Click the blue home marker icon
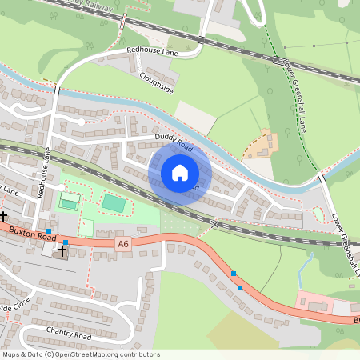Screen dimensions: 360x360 [180, 173]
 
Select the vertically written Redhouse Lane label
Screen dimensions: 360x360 [46, 177]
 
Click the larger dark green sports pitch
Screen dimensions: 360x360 [114, 204]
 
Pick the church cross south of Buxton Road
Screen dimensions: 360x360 [62, 250]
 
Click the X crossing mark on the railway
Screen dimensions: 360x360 [214, 225]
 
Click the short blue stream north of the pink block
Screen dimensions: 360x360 [303, 269]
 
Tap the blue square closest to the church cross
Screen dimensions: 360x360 [66, 242]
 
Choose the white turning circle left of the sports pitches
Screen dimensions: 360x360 [61, 188]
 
